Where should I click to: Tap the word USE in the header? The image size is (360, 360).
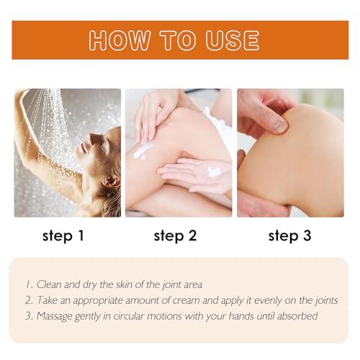pyautogui.click(x=233, y=40)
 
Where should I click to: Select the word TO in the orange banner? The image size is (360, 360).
pyautogui.click(x=178, y=40)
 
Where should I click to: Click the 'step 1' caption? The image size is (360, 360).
pyautogui.click(x=63, y=235)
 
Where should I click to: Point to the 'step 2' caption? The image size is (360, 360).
pyautogui.click(x=175, y=235)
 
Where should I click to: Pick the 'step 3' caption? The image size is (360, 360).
pyautogui.click(x=290, y=235)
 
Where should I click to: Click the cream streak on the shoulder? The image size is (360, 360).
pyautogui.click(x=143, y=150)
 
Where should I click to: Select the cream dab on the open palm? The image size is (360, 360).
pyautogui.click(x=215, y=172)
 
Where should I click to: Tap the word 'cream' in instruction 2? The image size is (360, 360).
pyautogui.click(x=186, y=301)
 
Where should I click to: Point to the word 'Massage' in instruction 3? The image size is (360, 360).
pyautogui.click(x=54, y=317)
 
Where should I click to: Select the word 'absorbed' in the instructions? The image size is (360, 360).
pyautogui.click(x=297, y=316)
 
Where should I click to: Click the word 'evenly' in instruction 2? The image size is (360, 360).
pyautogui.click(x=268, y=301)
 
